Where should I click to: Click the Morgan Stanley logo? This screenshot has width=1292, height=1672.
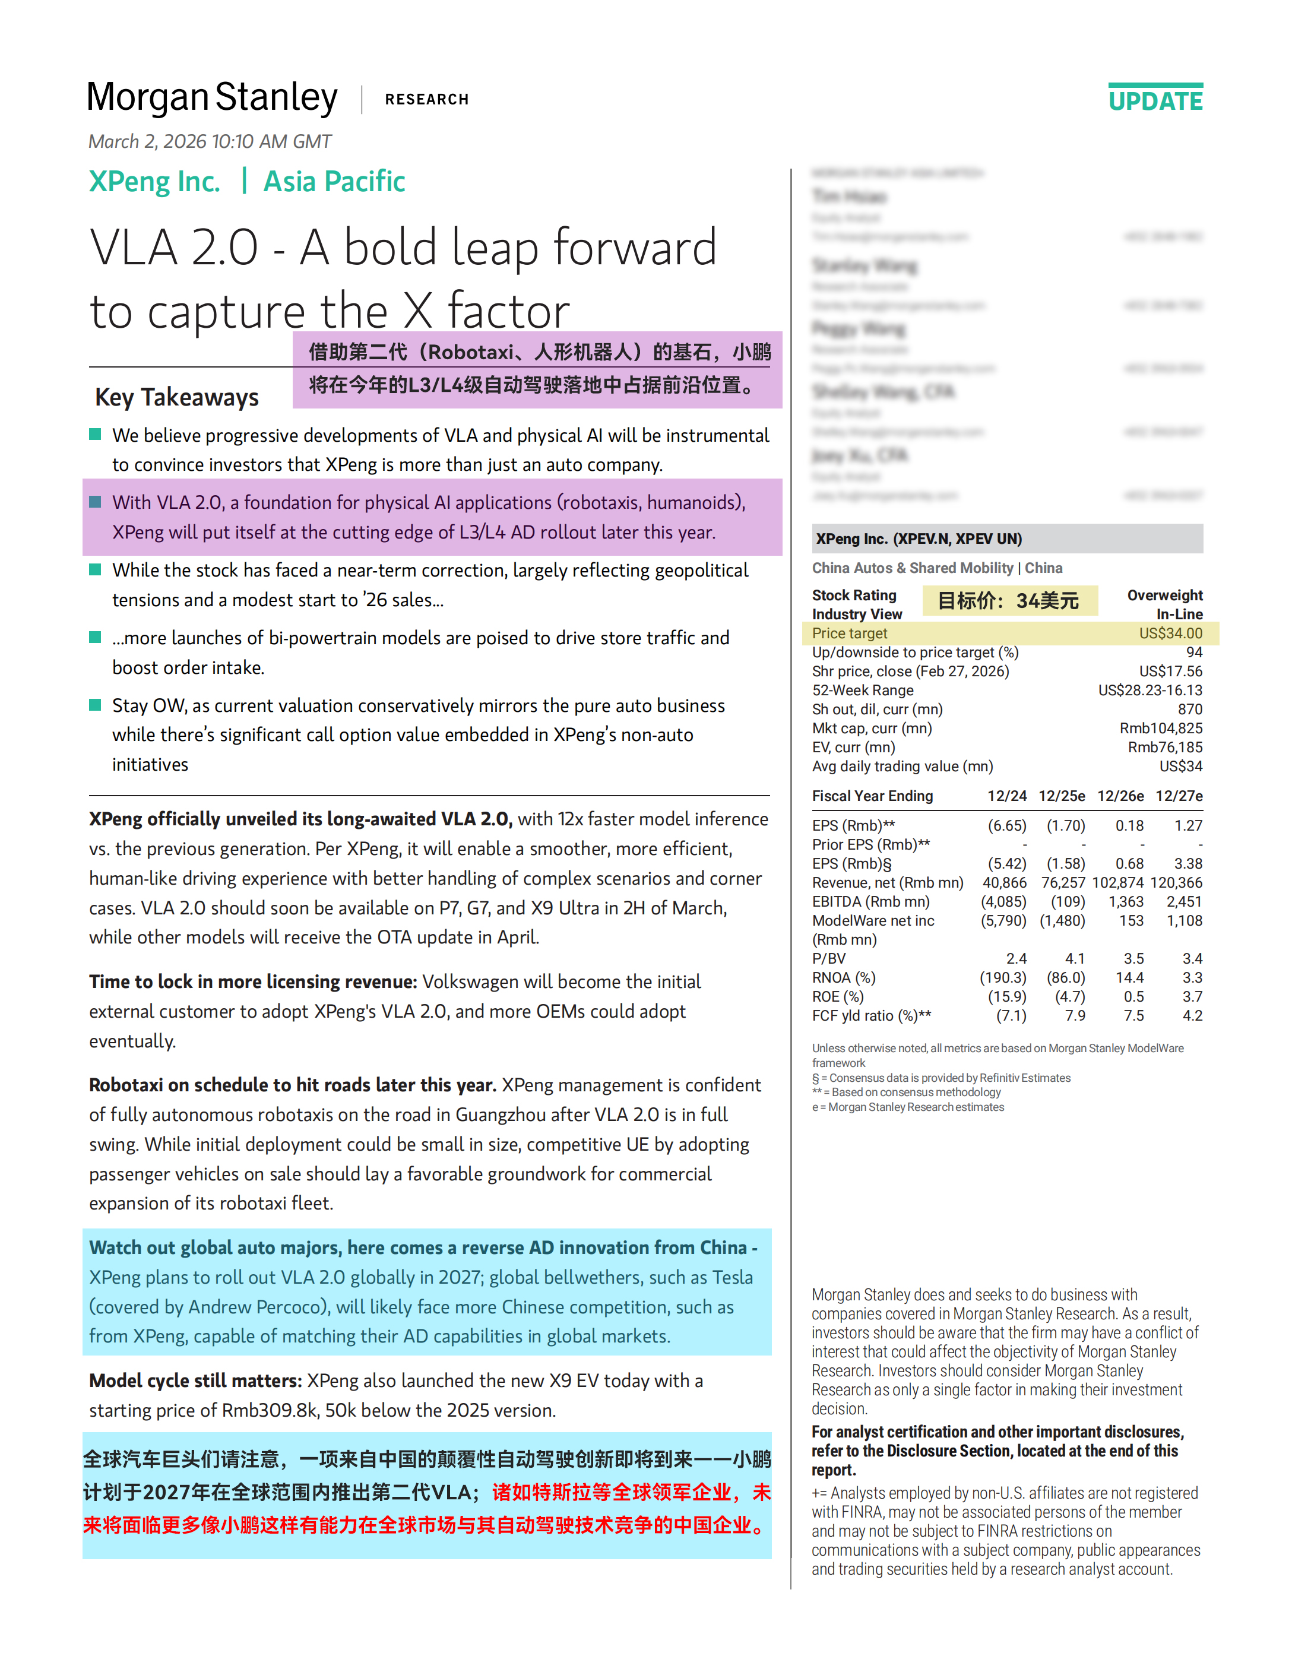point(212,98)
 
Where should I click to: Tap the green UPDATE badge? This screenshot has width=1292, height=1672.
point(1155,100)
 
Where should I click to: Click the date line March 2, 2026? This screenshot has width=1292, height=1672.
point(210,142)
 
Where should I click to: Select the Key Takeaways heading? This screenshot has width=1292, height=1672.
point(177,397)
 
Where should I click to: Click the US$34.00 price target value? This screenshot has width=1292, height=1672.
point(1170,633)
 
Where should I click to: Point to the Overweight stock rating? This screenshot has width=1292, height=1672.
point(1164,595)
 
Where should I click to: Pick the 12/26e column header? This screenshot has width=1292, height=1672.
point(1120,796)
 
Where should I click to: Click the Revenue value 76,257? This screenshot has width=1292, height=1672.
point(1062,883)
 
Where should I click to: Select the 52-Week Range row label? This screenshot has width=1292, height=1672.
point(863,690)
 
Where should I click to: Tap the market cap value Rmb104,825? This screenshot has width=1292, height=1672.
point(1160,728)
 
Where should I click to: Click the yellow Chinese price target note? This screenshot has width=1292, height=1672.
point(1009,601)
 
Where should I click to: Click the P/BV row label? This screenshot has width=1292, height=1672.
point(829,958)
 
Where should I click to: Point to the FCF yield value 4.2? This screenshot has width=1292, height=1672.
point(1192,1016)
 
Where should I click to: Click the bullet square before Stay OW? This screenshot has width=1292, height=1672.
point(96,705)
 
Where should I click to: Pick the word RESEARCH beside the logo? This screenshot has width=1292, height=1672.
point(426,100)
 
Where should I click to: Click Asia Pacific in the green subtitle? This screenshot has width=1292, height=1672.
point(334,182)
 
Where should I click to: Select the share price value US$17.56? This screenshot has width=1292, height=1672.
point(1170,672)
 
